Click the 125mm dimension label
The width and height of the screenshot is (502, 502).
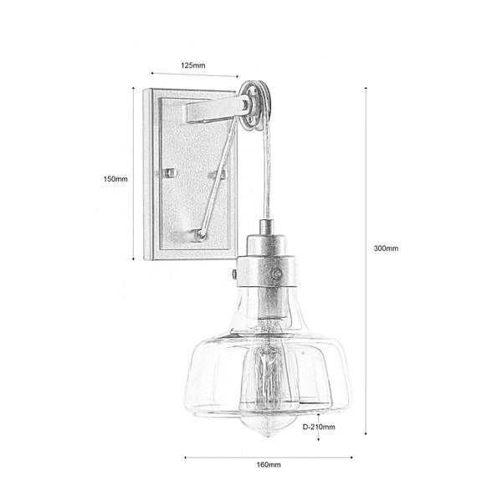[x=193, y=64]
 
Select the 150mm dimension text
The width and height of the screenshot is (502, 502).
[x=115, y=178]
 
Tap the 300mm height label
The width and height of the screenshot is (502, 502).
[x=387, y=248]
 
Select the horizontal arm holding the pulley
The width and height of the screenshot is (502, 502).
[x=213, y=110]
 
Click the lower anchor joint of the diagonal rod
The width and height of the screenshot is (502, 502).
[x=201, y=235]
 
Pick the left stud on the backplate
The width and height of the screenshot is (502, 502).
[x=170, y=172]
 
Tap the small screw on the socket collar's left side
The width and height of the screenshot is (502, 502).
[x=233, y=273]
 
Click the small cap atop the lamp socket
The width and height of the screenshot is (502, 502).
[x=266, y=227]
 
